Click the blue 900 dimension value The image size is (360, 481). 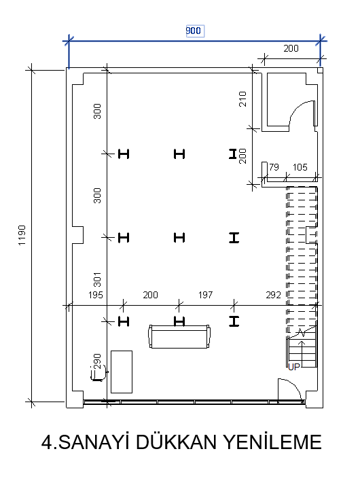tap(193, 31)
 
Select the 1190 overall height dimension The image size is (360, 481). tap(22, 235)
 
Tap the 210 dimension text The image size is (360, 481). tap(242, 99)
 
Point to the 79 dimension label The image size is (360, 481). tap(274, 167)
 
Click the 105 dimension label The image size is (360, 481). tap(300, 167)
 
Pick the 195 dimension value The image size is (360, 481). tap(95, 295)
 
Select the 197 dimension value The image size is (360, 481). tap(205, 295)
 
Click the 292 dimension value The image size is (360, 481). tap(273, 295)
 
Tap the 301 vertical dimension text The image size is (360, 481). tap(97, 279)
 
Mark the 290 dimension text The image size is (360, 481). tap(97, 361)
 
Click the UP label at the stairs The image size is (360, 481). tap(293, 367)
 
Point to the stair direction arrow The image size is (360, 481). tap(302, 353)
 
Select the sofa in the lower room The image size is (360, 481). tap(179, 336)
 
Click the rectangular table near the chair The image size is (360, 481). tap(122, 372)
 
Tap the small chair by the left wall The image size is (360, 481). tap(98, 374)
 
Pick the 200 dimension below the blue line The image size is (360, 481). tap(291, 48)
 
